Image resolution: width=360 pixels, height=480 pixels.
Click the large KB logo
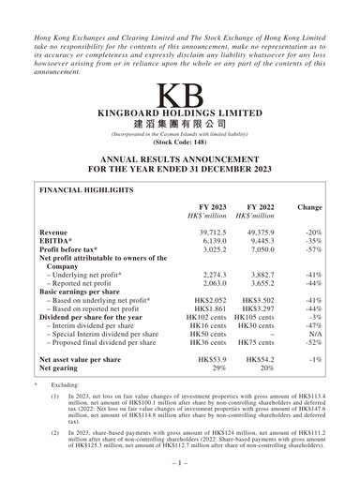click(179, 97)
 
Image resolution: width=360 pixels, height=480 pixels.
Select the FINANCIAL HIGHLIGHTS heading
click(85, 189)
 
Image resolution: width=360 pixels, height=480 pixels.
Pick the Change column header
click(309, 206)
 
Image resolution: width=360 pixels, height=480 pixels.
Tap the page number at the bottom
click(179, 463)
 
